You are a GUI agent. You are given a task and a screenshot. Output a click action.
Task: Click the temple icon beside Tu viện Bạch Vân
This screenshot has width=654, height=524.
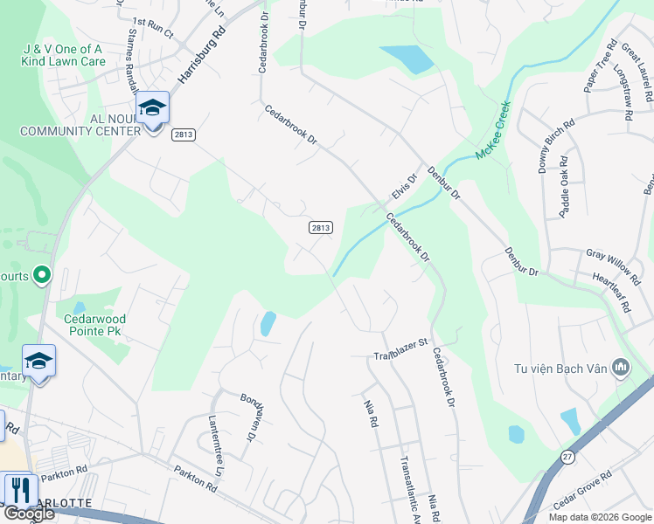(x=622, y=368)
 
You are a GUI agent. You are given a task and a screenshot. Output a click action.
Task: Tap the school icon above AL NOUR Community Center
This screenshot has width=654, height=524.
(x=153, y=108)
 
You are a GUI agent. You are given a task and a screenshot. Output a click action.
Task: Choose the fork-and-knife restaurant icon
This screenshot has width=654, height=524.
(x=17, y=490)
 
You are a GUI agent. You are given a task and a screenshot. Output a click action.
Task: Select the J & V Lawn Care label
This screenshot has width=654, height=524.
(x=65, y=55)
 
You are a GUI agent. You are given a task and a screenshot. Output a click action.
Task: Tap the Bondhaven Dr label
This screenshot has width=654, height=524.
(x=252, y=415)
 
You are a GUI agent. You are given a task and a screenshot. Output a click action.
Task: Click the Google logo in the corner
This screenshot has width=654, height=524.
(x=29, y=514)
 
